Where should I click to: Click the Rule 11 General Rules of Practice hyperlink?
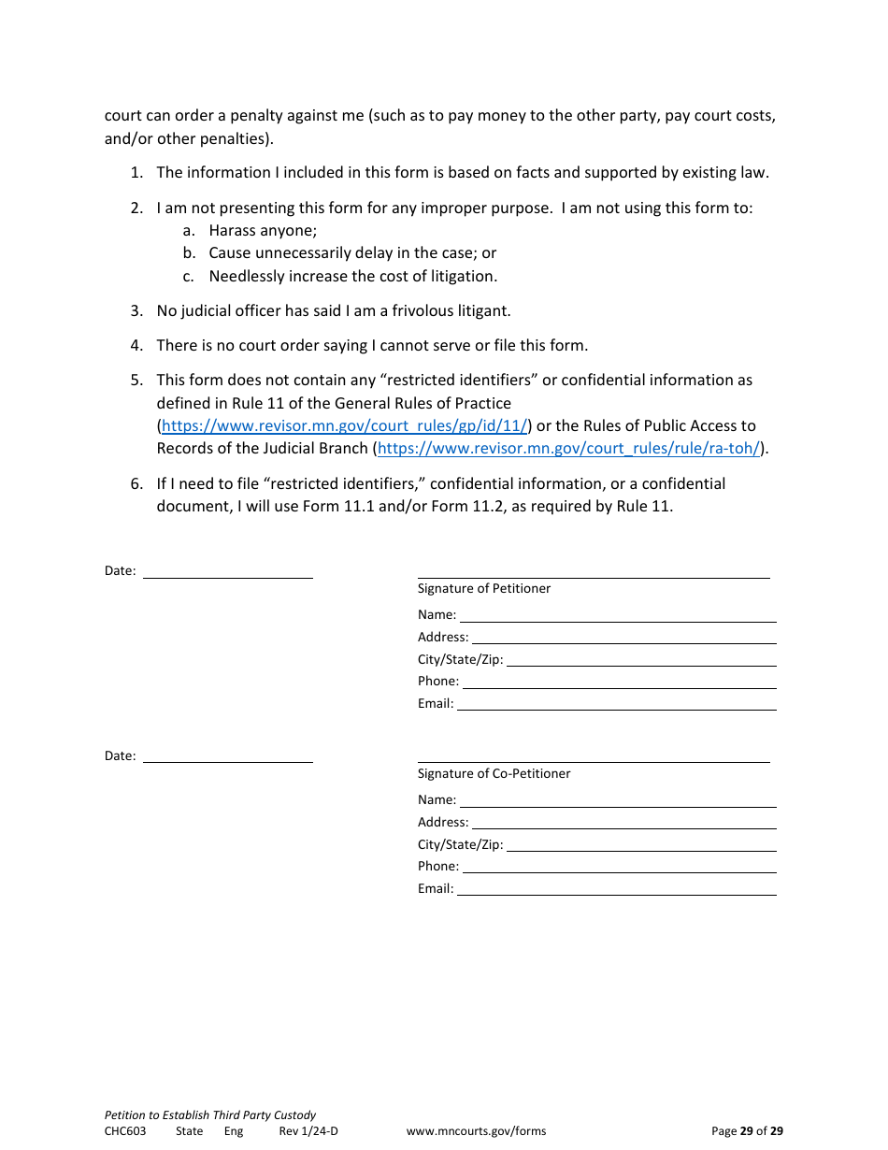(x=344, y=426)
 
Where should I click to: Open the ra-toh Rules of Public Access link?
(x=568, y=449)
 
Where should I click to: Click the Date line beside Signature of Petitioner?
(x=227, y=571)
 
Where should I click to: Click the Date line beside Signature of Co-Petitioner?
(x=227, y=756)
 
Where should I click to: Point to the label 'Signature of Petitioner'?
(x=484, y=589)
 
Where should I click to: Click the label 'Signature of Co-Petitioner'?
(x=494, y=774)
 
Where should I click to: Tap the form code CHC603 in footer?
(x=125, y=1131)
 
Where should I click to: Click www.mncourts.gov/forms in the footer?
(x=476, y=1131)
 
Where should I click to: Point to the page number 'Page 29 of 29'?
(x=747, y=1131)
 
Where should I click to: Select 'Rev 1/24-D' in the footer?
(x=308, y=1131)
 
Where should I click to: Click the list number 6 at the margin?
(x=136, y=484)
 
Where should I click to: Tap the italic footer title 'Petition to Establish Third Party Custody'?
(x=210, y=1115)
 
